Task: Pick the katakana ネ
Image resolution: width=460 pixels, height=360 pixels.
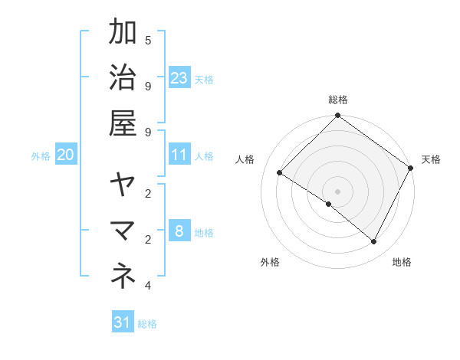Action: (x=123, y=276)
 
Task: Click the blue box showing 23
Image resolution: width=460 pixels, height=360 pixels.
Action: (x=179, y=77)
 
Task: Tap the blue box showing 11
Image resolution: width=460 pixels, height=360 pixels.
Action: (x=179, y=155)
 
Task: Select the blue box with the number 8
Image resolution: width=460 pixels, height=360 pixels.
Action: (x=179, y=231)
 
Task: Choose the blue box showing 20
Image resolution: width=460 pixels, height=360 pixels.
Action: (x=65, y=155)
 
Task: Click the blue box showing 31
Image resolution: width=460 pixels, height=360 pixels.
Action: (x=123, y=322)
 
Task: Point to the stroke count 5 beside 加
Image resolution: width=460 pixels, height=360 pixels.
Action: (x=148, y=41)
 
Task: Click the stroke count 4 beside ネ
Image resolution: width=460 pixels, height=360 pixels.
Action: (x=148, y=286)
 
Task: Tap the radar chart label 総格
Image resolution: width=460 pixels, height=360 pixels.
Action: (x=338, y=100)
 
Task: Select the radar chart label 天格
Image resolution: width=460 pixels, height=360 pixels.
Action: (x=431, y=159)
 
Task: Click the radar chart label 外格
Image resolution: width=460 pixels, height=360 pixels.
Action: (x=270, y=262)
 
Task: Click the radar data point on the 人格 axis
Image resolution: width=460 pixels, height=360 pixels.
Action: (x=280, y=173)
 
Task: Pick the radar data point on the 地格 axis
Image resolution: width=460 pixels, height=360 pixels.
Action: (x=374, y=242)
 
